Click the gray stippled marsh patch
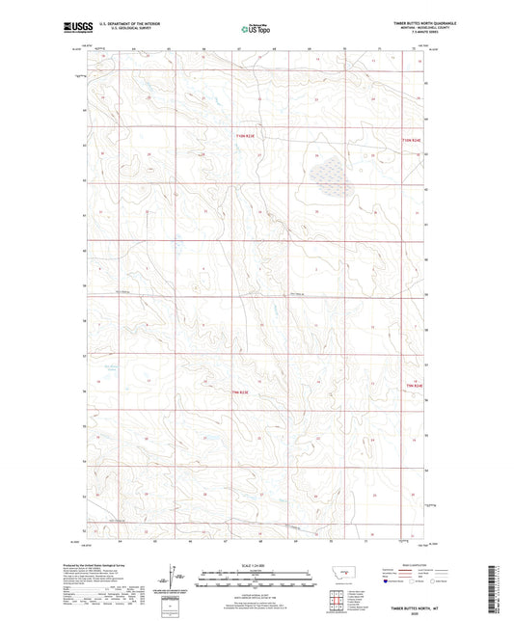click(327, 174)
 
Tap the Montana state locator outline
click(338, 576)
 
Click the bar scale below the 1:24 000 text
click(257, 580)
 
